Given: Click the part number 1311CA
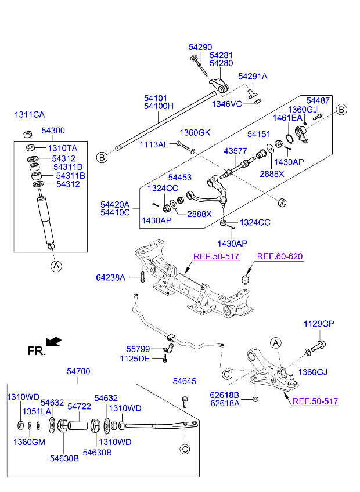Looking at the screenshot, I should [30, 115].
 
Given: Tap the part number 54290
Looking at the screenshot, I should [200, 46].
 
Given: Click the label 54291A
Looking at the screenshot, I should [253, 77].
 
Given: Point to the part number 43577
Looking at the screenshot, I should [236, 151].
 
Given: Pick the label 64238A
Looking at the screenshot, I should [110, 278].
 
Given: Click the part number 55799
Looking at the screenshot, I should [138, 349].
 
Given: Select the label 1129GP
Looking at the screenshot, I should [319, 324].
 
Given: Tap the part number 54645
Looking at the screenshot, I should [185, 381].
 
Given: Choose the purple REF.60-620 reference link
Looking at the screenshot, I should [280, 256].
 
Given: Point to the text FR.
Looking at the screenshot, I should [35, 351].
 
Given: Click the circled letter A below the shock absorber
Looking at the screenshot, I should [56, 266].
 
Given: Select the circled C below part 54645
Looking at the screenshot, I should [184, 448].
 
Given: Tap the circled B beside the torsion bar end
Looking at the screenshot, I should [102, 157].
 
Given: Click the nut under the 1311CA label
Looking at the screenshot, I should [27, 134].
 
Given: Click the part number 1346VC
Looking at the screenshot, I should [226, 104].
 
